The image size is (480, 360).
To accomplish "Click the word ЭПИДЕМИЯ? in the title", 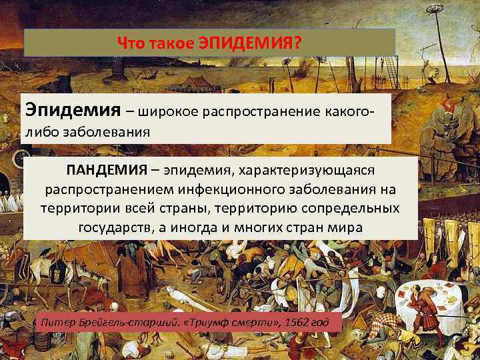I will pyautogui.click(x=251, y=43).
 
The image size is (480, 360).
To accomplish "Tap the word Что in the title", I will pyautogui.click(x=131, y=43).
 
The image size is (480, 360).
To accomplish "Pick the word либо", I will pyautogui.click(x=41, y=131).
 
